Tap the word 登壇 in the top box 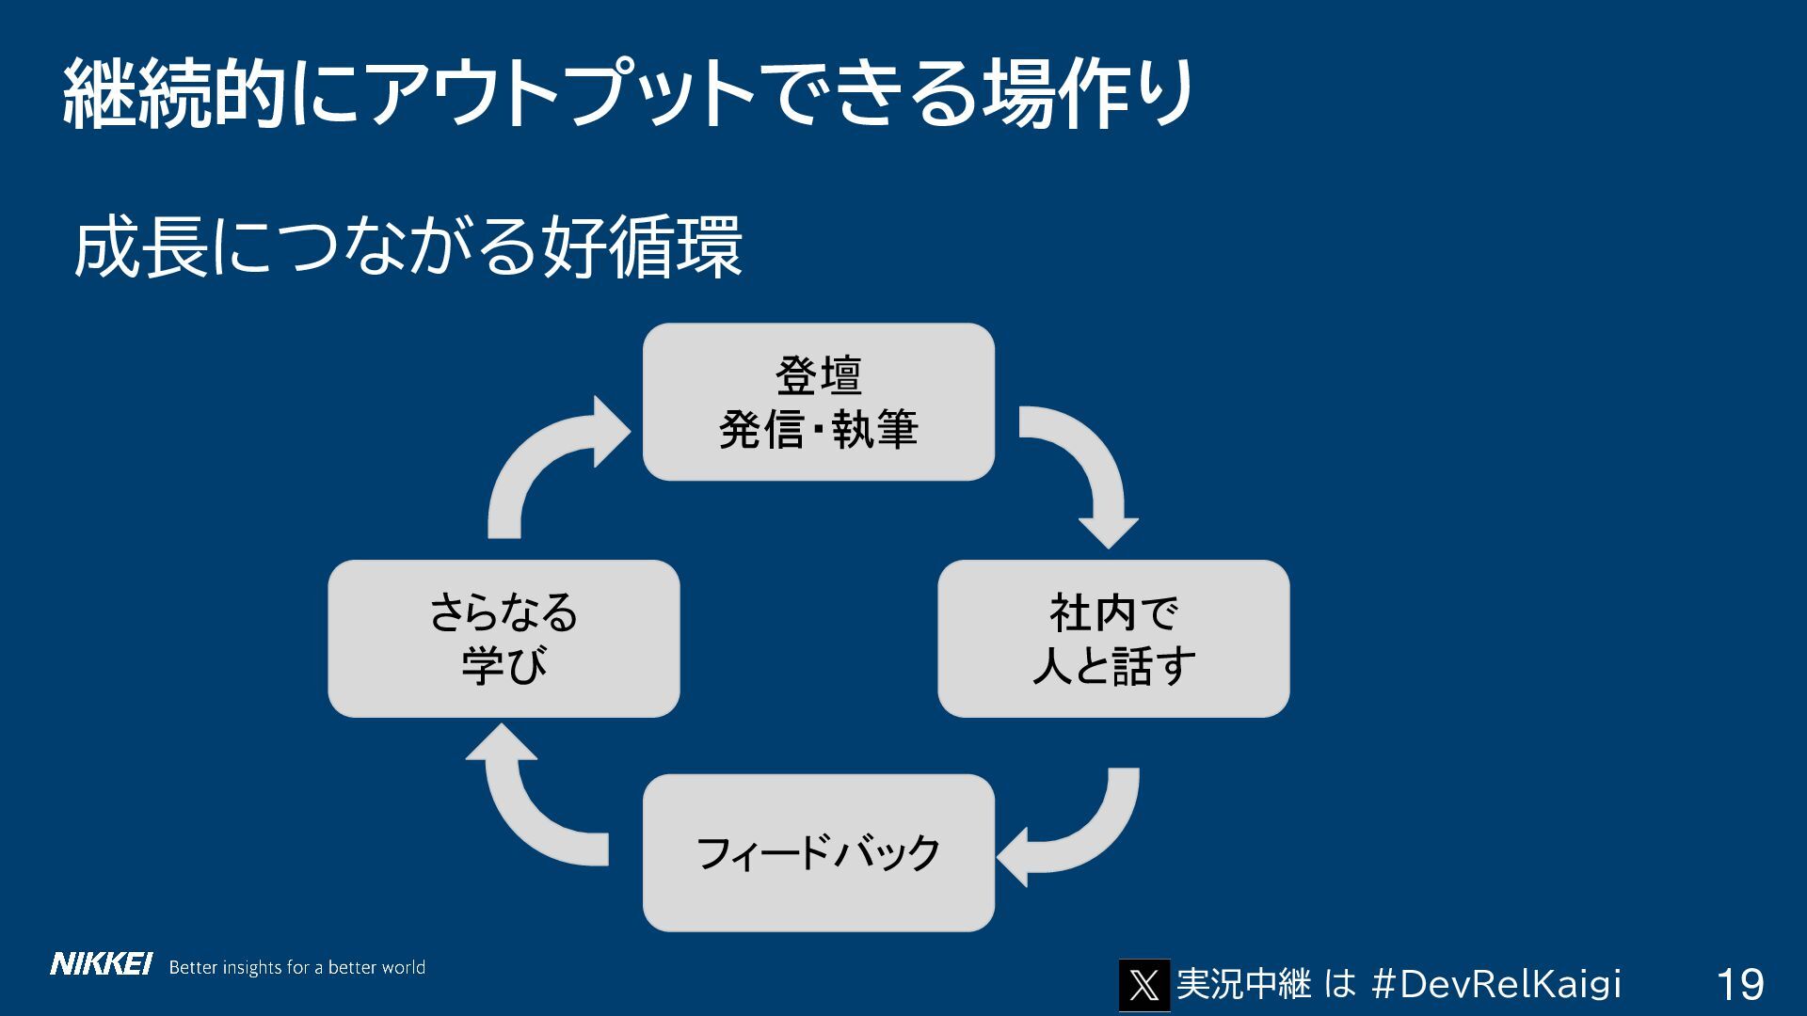click(x=818, y=375)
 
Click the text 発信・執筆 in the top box click(x=818, y=430)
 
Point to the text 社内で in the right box click(x=1113, y=613)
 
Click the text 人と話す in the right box click(x=1113, y=666)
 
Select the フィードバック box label click(x=818, y=853)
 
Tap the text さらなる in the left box click(x=504, y=613)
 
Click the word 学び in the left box click(x=504, y=666)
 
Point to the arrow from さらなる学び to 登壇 click(x=546, y=461)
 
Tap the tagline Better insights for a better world click(x=296, y=967)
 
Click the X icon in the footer click(x=1143, y=985)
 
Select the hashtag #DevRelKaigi click(x=1496, y=984)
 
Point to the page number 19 click(x=1739, y=985)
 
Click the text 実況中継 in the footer click(x=1243, y=984)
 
